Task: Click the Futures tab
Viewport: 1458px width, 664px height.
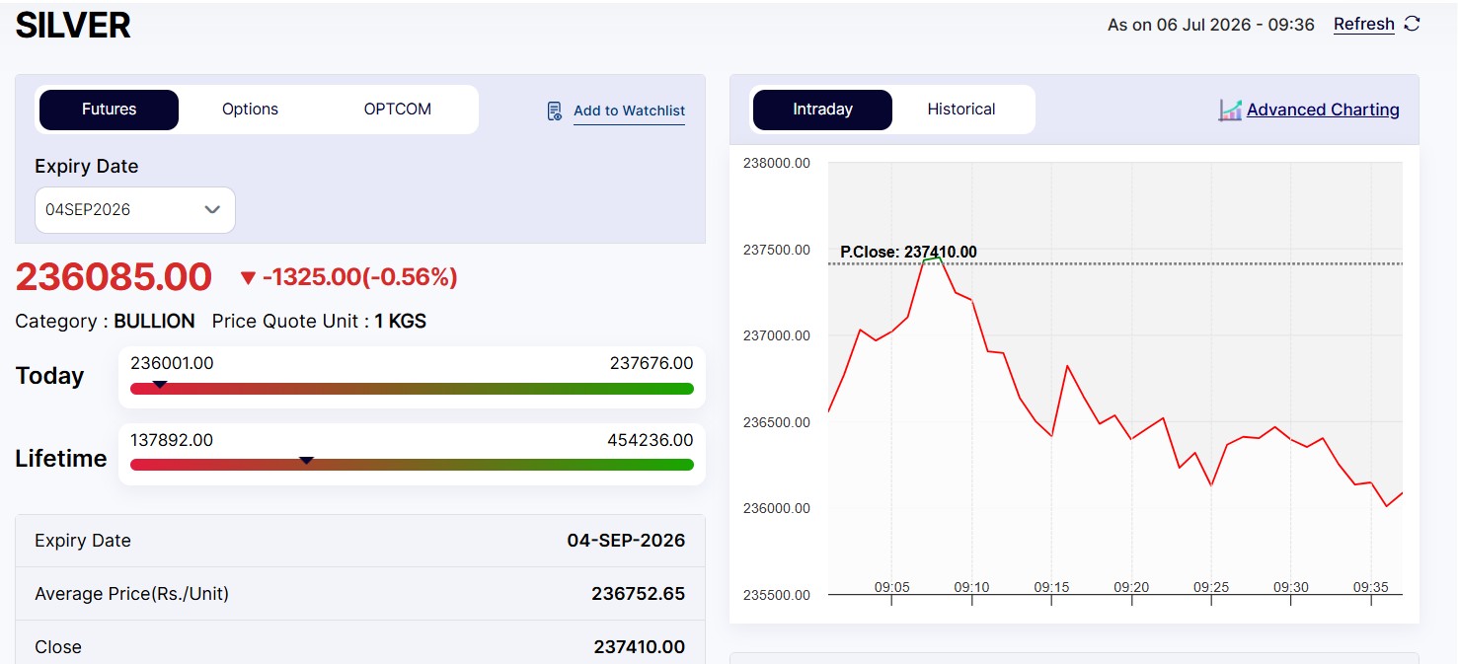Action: (x=109, y=110)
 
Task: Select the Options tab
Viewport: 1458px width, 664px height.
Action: (x=250, y=110)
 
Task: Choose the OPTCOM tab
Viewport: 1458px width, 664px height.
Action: (x=397, y=110)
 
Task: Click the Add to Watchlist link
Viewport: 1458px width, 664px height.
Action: (x=629, y=111)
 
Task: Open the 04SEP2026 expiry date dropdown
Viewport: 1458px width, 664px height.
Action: (x=134, y=209)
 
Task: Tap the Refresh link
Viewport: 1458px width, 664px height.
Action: (x=1363, y=24)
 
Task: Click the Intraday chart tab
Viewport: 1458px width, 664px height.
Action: (x=822, y=110)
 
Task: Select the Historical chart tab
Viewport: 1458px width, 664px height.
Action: (x=961, y=110)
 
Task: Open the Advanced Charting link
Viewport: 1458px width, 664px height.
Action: (x=1323, y=110)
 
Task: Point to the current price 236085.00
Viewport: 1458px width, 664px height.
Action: (x=114, y=277)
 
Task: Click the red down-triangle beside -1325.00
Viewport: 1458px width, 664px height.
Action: (x=248, y=278)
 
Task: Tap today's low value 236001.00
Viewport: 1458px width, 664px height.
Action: (x=172, y=363)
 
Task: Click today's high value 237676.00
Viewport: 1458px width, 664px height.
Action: (x=652, y=363)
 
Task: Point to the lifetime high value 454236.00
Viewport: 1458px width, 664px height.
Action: (x=651, y=440)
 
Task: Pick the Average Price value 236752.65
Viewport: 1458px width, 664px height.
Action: (x=638, y=594)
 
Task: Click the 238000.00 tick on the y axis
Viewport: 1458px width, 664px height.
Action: (x=777, y=163)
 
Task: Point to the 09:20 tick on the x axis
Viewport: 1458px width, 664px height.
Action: (x=1131, y=587)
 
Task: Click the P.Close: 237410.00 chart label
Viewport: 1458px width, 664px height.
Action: (x=908, y=252)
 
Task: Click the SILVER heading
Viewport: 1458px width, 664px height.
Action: (x=73, y=26)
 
